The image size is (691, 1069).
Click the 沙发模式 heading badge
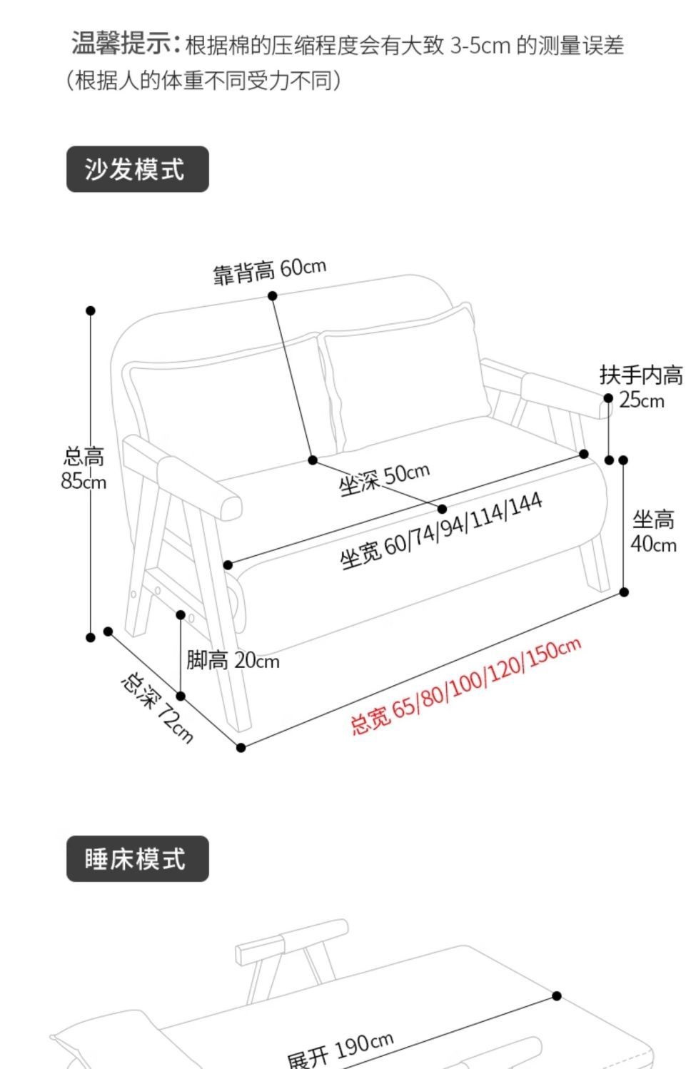tap(137, 170)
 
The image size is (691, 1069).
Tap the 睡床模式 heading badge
tap(137, 859)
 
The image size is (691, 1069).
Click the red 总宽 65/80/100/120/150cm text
tap(465, 686)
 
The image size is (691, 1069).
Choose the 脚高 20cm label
tap(233, 661)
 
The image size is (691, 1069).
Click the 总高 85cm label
tap(84, 469)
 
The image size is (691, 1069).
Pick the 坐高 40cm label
tap(653, 532)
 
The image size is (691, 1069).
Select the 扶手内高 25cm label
tap(641, 386)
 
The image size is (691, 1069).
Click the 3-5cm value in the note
tap(480, 46)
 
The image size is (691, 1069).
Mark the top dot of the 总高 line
tap(91, 310)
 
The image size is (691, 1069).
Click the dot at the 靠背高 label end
tap(273, 295)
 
